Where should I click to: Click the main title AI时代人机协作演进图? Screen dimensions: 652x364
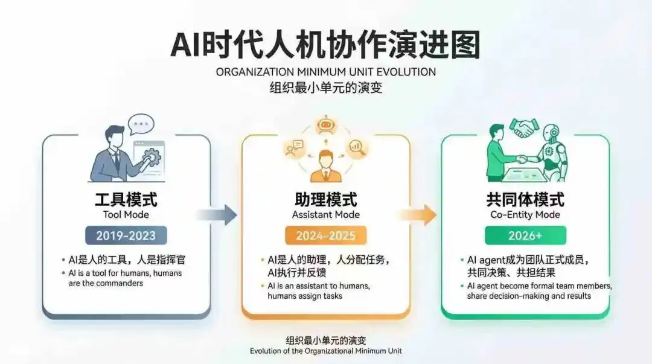[325, 45]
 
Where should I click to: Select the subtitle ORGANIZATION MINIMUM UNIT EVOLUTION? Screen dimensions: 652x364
[325, 72]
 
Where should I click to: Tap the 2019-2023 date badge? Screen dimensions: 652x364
[126, 235]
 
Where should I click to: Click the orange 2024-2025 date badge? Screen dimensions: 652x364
[325, 235]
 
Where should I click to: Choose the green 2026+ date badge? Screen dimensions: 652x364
[525, 235]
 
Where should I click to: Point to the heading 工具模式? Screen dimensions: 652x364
[126, 199]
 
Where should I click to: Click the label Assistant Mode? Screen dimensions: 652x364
[325, 215]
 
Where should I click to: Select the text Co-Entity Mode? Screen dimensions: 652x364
[525, 215]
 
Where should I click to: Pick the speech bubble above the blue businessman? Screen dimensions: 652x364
[141, 124]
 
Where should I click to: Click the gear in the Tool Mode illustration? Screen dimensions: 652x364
[151, 158]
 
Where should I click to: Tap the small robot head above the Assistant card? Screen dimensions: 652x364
[325, 124]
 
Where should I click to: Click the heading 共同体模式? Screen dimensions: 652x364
[525, 199]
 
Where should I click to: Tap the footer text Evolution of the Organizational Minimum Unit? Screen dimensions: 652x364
[325, 351]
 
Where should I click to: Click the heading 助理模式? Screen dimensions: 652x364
[325, 199]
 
